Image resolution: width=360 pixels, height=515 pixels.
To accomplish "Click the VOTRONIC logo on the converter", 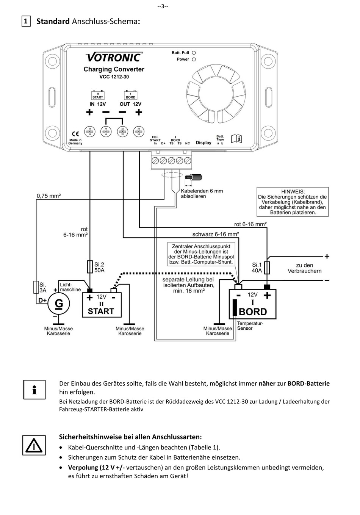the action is click(114, 57).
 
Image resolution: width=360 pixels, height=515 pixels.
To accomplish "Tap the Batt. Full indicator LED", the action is click(194, 53).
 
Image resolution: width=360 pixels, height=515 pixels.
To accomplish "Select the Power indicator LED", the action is click(194, 59).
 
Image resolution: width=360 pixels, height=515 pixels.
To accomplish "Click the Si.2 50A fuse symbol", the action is click(90, 267).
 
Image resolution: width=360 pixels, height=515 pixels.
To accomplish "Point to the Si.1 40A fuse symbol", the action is click(267, 268).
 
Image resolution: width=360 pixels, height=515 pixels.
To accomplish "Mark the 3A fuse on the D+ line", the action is click(36, 287).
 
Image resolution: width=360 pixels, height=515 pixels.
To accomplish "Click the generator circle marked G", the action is click(59, 304).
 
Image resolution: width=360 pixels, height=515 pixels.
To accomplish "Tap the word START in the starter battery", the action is click(101, 311).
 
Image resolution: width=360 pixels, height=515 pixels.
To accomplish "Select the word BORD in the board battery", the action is click(253, 312).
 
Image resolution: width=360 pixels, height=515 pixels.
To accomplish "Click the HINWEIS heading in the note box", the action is click(293, 191).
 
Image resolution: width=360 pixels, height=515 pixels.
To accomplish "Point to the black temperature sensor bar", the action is click(235, 308).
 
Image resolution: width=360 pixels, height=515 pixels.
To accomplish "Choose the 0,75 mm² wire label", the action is click(49, 196).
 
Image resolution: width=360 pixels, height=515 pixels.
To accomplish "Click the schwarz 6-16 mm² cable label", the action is click(216, 234).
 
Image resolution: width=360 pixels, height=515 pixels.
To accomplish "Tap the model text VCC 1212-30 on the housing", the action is click(114, 77).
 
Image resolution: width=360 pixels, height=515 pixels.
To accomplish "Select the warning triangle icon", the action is click(34, 445).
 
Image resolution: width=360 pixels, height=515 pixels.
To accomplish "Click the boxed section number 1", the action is click(26, 21).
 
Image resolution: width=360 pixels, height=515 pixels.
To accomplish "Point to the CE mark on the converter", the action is click(75, 134).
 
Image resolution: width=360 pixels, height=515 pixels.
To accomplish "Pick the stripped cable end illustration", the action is click(194, 177).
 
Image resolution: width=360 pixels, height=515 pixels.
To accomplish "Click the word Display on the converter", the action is click(203, 143).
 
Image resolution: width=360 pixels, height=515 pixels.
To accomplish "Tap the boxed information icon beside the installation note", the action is click(34, 390).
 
